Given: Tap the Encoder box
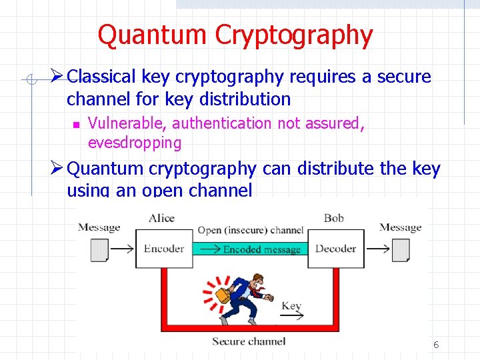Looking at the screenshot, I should coord(163,249).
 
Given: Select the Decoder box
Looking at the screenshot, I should coord(335,249).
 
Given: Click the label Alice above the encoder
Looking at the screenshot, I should coord(162,218).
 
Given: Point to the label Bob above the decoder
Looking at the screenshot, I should coord(333,218).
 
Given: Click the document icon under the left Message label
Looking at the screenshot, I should coord(99,249).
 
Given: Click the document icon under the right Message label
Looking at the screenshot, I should coord(401,249).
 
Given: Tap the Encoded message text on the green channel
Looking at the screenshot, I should coord(261,249).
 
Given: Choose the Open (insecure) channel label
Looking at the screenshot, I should coord(250,231).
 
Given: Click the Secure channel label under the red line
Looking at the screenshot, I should coord(249,342).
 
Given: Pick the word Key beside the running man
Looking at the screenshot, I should coord(291,306).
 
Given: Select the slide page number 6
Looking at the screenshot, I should coord(436,345).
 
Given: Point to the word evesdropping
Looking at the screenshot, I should coord(134,143).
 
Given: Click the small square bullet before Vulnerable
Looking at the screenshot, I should coord(76,124).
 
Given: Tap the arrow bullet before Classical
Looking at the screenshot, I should coord(57,77).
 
